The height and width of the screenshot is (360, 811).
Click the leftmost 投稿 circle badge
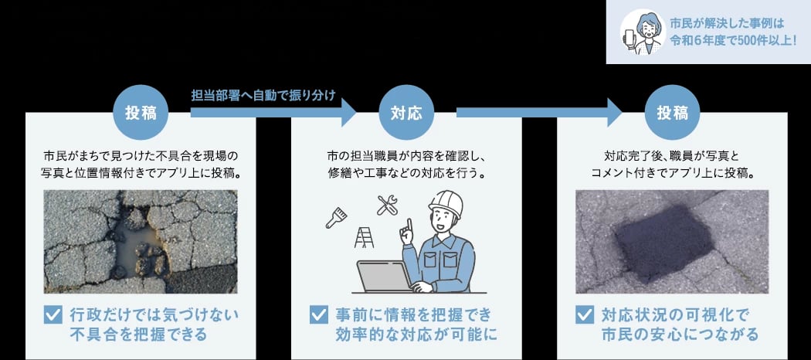(x=141, y=113)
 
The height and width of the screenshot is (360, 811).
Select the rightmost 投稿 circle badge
(x=673, y=113)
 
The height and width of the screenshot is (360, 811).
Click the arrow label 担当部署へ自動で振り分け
(x=264, y=96)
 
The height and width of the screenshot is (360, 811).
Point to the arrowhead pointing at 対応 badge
(x=348, y=112)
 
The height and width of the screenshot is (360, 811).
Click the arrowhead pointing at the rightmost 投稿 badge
(x=614, y=112)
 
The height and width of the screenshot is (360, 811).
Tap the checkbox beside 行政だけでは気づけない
(x=53, y=314)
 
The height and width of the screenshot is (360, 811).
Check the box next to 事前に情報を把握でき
(x=318, y=314)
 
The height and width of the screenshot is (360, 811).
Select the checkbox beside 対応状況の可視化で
(x=585, y=314)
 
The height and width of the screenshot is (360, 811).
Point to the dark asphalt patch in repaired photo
(x=664, y=243)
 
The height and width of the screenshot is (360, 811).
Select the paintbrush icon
(x=336, y=218)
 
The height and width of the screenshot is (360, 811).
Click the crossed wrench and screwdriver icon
(x=387, y=205)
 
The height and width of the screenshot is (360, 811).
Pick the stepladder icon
(x=364, y=237)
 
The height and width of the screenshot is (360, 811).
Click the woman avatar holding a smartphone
(x=643, y=32)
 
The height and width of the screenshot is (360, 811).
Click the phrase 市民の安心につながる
(x=680, y=334)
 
